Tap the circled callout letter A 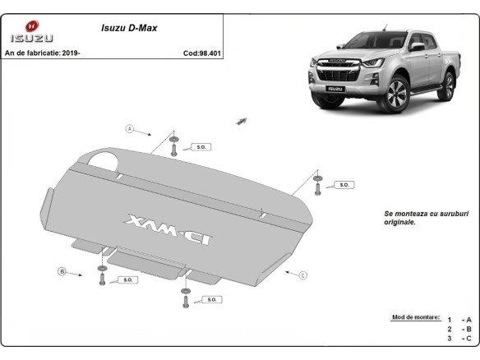[129, 128]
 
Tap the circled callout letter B [61, 271]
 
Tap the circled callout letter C [302, 274]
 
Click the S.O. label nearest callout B [128, 280]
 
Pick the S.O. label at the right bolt [344, 185]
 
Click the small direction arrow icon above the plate [241, 120]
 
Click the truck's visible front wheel [395, 95]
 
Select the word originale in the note [399, 222]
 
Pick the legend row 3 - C [459, 338]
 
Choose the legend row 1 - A [459, 319]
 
